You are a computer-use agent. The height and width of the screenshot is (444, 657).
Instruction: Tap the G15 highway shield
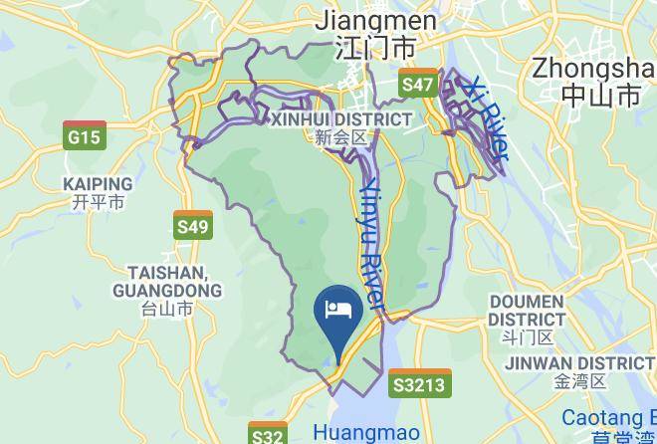pyautogui.click(x=84, y=136)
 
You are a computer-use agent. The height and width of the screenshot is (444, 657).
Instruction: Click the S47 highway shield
pyautogui.click(x=418, y=85)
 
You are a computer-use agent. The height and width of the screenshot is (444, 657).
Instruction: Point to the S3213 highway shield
pyautogui.click(x=418, y=384)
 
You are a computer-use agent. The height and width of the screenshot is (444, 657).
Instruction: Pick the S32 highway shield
pyautogui.click(x=268, y=435)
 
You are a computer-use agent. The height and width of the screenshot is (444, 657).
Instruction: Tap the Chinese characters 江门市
pyautogui.click(x=376, y=47)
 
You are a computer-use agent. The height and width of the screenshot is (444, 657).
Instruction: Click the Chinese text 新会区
pyautogui.click(x=341, y=138)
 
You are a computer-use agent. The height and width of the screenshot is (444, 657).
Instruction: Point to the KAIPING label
pyautogui.click(x=98, y=184)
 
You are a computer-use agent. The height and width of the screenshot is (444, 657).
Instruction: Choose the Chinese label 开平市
pyautogui.click(x=98, y=202)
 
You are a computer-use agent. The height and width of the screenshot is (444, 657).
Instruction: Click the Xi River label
pyautogui.click(x=489, y=119)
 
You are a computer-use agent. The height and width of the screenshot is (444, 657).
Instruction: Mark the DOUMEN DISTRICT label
pyautogui.click(x=527, y=311)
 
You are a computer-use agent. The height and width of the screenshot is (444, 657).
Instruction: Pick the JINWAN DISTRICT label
pyautogui.click(x=579, y=363)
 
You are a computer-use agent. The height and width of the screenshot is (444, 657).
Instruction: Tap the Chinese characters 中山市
pyautogui.click(x=600, y=96)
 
